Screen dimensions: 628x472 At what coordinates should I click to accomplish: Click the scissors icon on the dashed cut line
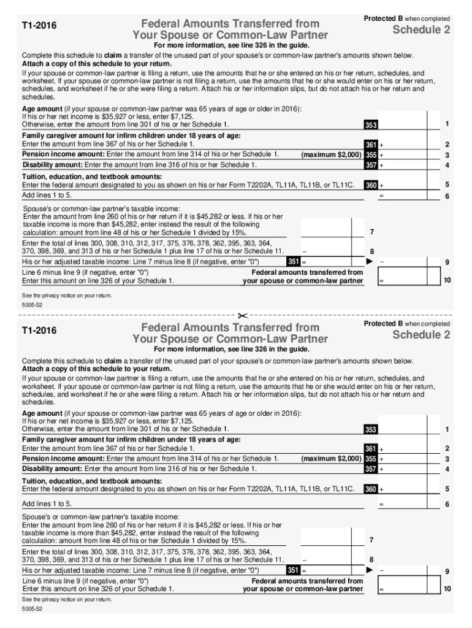(x=242, y=316)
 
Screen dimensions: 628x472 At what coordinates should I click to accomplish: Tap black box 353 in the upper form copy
(x=371, y=125)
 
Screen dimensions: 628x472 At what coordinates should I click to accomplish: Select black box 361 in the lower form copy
(x=371, y=449)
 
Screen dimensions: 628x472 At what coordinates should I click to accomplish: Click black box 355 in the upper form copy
(x=371, y=155)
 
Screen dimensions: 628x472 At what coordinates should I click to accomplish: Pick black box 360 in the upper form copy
(x=371, y=185)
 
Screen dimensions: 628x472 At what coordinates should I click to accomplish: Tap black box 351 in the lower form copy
(x=293, y=570)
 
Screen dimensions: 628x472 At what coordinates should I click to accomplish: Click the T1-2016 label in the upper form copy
(x=39, y=27)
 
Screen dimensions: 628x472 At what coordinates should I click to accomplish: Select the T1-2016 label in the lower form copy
(x=39, y=331)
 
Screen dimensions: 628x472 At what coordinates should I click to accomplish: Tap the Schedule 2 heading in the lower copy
(x=421, y=335)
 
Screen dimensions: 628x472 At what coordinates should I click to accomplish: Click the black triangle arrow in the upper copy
(x=370, y=261)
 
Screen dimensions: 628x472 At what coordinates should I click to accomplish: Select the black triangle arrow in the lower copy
(x=370, y=570)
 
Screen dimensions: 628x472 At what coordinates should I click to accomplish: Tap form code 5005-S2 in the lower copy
(x=31, y=611)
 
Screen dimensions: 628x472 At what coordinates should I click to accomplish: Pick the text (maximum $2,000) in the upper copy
(x=331, y=155)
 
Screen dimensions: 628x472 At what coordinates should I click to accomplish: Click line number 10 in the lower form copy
(x=447, y=589)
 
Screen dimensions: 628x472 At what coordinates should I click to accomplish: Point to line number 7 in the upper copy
(x=372, y=231)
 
